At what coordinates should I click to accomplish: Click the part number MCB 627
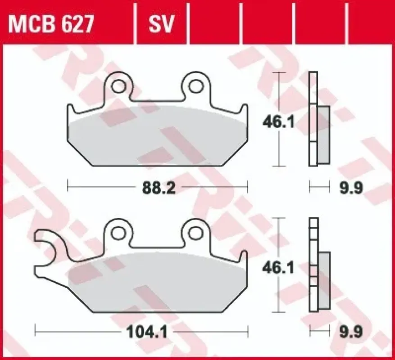pos(51,24)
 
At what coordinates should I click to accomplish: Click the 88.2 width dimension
pos(159,188)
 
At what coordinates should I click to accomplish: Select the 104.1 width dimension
pos(147,332)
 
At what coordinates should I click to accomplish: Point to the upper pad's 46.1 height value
pos(278,122)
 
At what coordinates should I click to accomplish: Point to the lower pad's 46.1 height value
pos(278,268)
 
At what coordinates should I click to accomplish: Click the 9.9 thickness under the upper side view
pos(351,188)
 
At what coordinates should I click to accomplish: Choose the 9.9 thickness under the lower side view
pos(351,332)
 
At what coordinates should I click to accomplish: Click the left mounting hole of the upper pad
pos(118,86)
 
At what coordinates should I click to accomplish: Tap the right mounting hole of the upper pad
pos(196,86)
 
